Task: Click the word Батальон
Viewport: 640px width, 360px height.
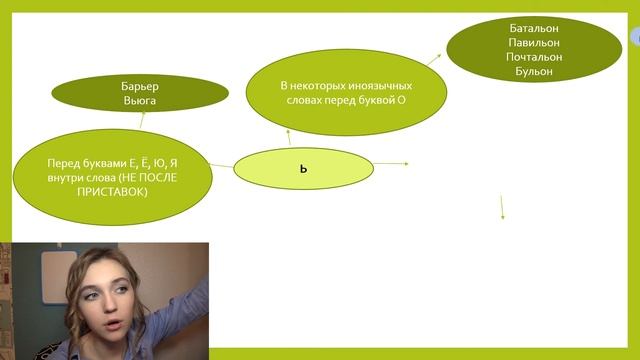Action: tap(533, 28)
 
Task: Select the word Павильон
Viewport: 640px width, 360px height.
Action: tap(533, 43)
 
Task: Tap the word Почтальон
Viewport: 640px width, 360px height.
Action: tap(533, 57)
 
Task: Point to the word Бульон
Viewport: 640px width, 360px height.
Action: tap(533, 71)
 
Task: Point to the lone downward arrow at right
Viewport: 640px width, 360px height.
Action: tap(502, 206)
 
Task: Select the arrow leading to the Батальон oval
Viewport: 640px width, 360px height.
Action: tap(435, 59)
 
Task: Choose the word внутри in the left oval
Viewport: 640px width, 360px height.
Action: tap(64, 177)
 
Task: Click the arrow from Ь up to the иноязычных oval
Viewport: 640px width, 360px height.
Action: tap(288, 135)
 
